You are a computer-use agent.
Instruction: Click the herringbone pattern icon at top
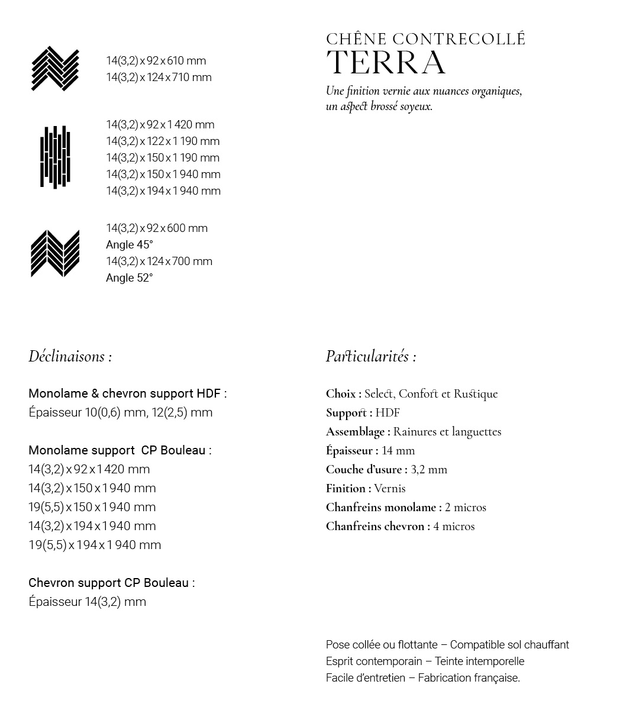pos(55,69)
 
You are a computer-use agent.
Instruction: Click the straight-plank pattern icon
pos(55,157)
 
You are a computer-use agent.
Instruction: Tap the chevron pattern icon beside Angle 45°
pos(55,253)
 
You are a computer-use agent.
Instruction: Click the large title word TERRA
pos(386,63)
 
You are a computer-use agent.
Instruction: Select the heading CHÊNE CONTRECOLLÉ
pos(425,39)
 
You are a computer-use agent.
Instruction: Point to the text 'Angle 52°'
pos(130,278)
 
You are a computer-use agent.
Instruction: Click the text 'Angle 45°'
pos(130,245)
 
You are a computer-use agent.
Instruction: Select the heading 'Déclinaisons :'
pos(70,356)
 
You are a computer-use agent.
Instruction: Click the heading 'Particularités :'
pos(371,356)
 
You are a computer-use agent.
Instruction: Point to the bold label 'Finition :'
pos(348,488)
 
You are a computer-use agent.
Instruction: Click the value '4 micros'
pos(454,526)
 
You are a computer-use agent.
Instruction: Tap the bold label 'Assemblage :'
pos(358,431)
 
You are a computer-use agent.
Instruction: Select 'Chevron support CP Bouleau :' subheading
pos(112,583)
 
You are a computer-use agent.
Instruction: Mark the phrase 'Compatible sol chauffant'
pos(509,645)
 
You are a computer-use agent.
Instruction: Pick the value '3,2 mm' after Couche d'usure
pos(429,469)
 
